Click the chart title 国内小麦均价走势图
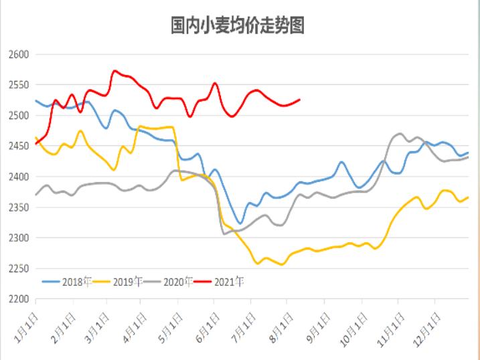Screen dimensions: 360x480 (238, 25)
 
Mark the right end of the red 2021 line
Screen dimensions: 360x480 (299, 100)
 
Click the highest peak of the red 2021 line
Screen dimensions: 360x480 (115, 70)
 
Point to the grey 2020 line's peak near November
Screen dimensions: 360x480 (400, 134)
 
